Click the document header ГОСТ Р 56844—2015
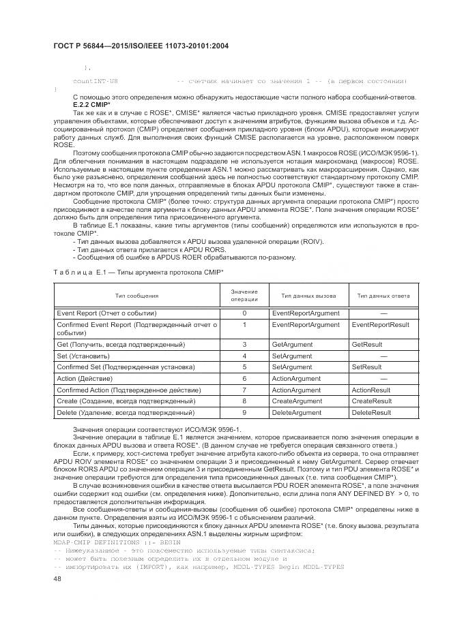[140, 46]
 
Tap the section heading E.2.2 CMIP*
[90, 106]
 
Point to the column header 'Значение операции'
[244, 296]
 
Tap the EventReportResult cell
[380, 326]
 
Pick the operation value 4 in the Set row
[244, 356]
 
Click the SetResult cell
[366, 367]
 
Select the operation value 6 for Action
[244, 379]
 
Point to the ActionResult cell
[370, 390]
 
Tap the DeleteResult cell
[371, 412]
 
